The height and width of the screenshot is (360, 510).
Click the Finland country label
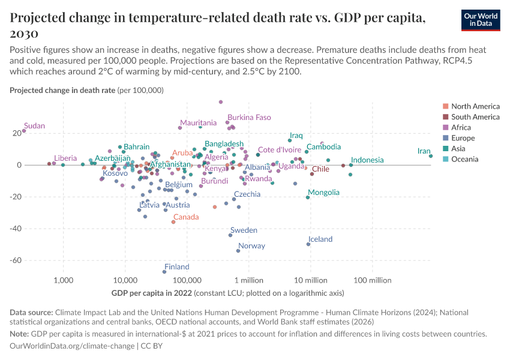(177, 267)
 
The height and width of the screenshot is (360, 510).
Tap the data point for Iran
(431, 156)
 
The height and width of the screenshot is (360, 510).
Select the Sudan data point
(24, 130)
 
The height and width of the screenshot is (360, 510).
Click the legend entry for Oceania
(465, 159)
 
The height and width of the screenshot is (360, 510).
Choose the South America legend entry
(475, 117)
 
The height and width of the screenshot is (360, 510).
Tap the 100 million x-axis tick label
(373, 280)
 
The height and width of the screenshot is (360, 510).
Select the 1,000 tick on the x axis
(63, 280)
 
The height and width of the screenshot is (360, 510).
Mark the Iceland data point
(308, 244)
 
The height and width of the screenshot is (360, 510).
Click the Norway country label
(251, 246)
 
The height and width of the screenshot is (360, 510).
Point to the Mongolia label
(323, 193)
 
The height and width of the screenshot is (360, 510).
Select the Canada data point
(173, 222)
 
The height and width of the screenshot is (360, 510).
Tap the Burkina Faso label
(249, 118)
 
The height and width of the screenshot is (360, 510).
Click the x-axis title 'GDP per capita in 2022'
(151, 293)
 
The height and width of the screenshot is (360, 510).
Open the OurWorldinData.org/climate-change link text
(73, 346)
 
